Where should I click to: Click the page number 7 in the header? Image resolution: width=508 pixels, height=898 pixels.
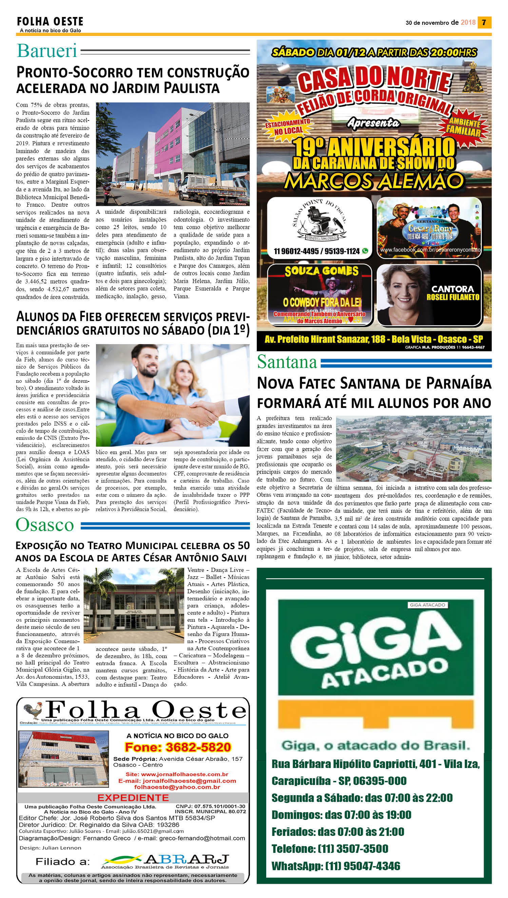(x=484, y=22)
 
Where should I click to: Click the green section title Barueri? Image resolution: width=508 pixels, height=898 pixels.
(x=47, y=51)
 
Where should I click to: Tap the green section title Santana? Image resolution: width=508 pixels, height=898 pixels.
(x=287, y=362)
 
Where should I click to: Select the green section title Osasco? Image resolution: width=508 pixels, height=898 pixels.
(x=45, y=525)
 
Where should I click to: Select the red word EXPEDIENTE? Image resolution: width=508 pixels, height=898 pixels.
(x=133, y=798)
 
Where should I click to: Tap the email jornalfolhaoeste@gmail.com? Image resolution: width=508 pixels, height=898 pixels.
(x=177, y=781)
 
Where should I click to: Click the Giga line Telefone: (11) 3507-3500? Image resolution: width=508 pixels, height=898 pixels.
(x=330, y=848)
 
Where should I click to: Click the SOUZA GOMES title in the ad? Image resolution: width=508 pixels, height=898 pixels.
(x=321, y=271)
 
